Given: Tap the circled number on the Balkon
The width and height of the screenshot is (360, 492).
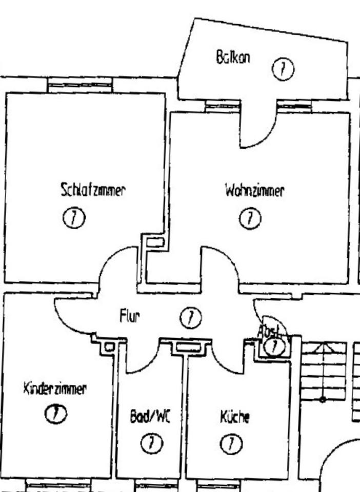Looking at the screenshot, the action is click(283, 69).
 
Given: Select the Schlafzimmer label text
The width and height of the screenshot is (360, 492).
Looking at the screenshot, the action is click(93, 190).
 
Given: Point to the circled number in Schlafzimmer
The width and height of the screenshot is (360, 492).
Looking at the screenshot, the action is click(74, 219).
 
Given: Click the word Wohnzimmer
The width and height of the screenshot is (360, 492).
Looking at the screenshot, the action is click(254, 191).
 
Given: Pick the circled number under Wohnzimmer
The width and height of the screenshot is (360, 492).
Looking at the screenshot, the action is click(250, 219).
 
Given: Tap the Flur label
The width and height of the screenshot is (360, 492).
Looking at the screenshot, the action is click(129, 317).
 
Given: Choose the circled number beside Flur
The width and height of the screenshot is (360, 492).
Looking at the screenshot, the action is click(191, 318).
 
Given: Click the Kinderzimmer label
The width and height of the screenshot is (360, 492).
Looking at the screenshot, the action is click(55, 388).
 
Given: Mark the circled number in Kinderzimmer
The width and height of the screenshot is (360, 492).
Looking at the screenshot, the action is click(56, 413).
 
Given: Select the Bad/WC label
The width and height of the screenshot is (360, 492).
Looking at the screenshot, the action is click(149, 417).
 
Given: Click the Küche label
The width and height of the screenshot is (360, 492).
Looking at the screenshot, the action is click(235, 417).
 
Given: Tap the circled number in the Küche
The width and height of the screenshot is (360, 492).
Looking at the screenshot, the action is click(231, 443).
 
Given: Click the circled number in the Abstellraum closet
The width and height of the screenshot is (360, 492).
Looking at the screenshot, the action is click(275, 347).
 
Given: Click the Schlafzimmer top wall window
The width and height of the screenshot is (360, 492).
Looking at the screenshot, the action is click(79, 85).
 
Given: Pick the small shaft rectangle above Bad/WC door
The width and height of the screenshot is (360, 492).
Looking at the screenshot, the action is click(109, 347).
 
